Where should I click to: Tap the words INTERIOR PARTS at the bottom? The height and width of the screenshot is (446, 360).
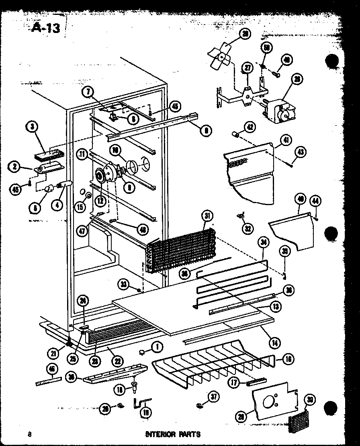pyautogui.click(x=173, y=434)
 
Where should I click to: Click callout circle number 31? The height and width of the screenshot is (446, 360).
pyautogui.click(x=207, y=217)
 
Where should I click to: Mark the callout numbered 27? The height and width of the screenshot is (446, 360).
pyautogui.click(x=248, y=68)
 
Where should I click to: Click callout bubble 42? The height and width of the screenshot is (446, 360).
pyautogui.click(x=250, y=127)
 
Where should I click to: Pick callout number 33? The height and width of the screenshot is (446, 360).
pyautogui.click(x=124, y=286)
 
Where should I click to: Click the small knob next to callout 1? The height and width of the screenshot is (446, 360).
pyautogui.click(x=142, y=352)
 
